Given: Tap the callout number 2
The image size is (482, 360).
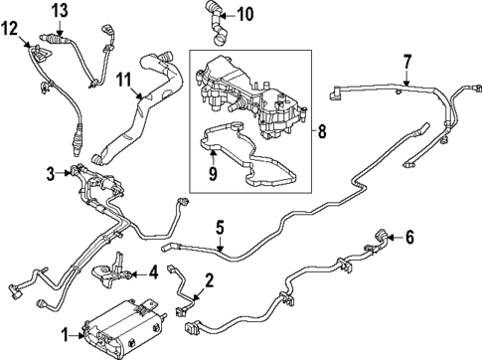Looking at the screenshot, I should pos(209,278).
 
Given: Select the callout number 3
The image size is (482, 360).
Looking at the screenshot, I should pos(52,176).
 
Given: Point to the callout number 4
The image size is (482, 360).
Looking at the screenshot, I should pos(154,271).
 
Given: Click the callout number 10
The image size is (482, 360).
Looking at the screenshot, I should pos(244,14).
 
